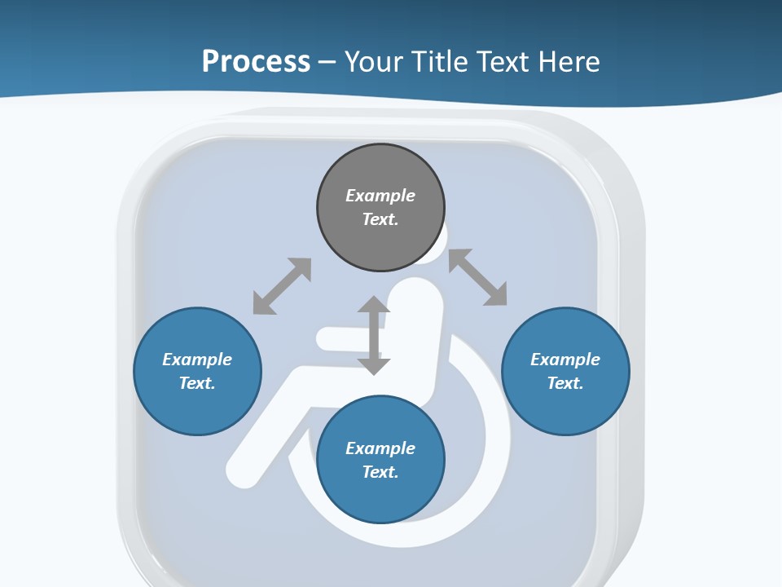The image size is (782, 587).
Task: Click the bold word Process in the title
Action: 256,62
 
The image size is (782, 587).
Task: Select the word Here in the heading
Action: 568,62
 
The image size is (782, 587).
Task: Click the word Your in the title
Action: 373,62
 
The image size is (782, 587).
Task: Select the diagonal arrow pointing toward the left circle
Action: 282,286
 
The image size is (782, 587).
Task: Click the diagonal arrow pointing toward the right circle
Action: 478,277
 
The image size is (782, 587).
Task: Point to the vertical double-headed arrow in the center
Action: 374,335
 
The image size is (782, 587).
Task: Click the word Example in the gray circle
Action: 380,196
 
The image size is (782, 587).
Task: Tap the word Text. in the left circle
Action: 197,383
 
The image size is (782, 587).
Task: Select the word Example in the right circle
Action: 565,360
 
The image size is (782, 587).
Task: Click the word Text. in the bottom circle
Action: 380,472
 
